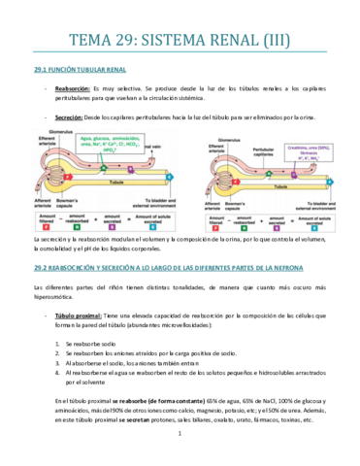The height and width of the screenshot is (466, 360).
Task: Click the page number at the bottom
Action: point(180,446)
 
